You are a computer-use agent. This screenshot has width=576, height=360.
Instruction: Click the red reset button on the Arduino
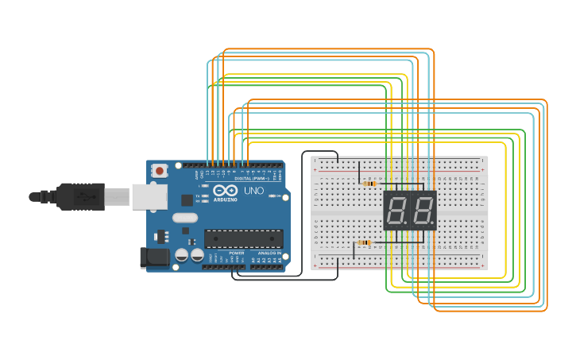pyautogui.click(x=160, y=170)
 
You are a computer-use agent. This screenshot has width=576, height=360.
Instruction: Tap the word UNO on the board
pyautogui.click(x=253, y=191)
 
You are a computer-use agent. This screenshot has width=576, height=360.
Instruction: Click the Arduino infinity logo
pyautogui.click(x=225, y=191)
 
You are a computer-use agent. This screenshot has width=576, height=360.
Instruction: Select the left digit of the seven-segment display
pyautogui.click(x=396, y=211)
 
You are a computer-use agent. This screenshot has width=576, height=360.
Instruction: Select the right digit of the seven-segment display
pyautogui.click(x=423, y=211)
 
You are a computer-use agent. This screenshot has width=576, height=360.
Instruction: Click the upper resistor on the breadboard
pyautogui.click(x=369, y=184)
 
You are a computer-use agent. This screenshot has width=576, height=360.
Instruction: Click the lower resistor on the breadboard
pyautogui.click(x=364, y=242)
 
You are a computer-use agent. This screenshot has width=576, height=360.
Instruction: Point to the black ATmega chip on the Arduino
pyautogui.click(x=243, y=238)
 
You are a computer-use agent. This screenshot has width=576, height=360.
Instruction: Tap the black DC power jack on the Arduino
pyautogui.click(x=153, y=257)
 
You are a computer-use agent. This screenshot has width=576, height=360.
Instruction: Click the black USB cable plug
pyautogui.click(x=79, y=196)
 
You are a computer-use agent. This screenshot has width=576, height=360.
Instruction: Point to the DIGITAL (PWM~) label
pyautogui.click(x=250, y=178)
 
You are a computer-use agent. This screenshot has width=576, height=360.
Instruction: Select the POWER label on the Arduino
pyautogui.click(x=236, y=253)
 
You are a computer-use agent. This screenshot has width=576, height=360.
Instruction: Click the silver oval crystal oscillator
pyautogui.click(x=184, y=218)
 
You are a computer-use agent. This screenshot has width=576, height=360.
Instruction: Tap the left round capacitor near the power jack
pyautogui.click(x=182, y=254)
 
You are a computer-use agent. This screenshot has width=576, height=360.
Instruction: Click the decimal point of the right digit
pyautogui.click(x=433, y=224)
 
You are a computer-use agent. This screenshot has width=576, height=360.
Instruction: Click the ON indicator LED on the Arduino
pyautogui.click(x=272, y=196)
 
